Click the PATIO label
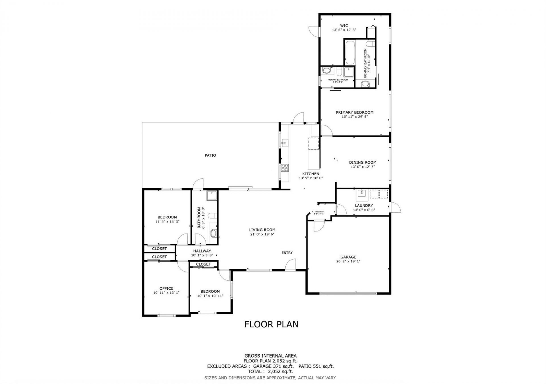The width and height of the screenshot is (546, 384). coord(210,155)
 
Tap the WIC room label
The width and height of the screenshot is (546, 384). coord(344,26)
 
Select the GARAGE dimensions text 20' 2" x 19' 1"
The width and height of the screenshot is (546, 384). coord(348,261)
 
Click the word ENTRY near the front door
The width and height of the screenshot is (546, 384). coord(287,252)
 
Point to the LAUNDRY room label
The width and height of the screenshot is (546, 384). coord(364,205)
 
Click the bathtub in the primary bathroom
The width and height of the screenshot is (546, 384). coord(350,53)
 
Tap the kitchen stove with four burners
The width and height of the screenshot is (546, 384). coord(285,168)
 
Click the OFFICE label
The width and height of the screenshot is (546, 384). coord(166,288)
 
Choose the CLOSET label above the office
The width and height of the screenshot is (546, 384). coord(159,257)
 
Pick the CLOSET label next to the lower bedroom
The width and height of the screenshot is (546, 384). coord(203,264)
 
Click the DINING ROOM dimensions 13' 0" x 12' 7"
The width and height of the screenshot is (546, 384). coord(363,167)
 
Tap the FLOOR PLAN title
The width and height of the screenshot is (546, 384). coord(271,324)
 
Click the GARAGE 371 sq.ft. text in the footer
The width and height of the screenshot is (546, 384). coord(273,366)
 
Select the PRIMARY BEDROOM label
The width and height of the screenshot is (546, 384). coord(355,112)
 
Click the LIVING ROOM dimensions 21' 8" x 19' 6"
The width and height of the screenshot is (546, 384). coord(262,234)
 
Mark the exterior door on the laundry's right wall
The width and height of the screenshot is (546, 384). coord(395,207)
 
